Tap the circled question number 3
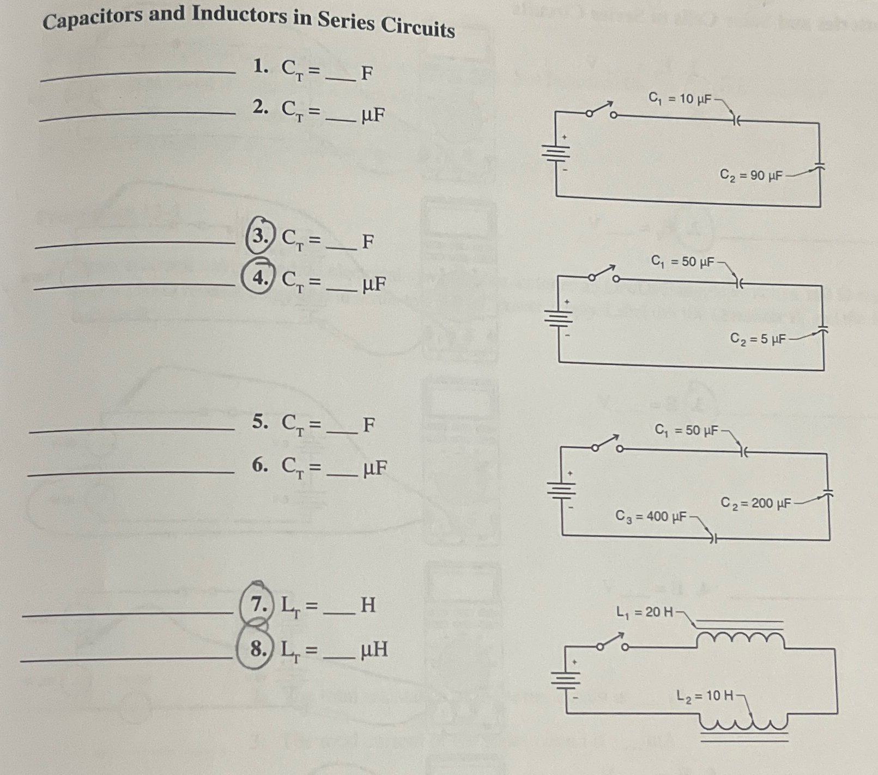point(260,236)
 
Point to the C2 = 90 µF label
point(751,175)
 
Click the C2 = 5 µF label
point(758,339)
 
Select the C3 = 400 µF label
point(651,516)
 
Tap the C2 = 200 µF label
point(755,503)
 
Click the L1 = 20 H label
point(645,612)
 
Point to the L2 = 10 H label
point(705,695)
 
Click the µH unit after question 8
point(374,649)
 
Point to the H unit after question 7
point(368,605)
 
